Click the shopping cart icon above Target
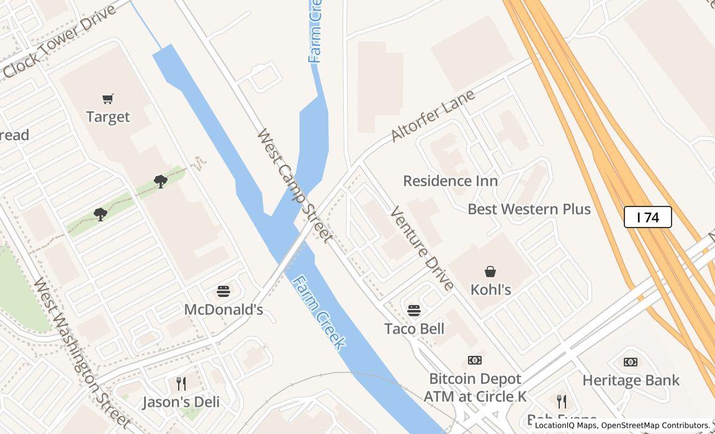108,99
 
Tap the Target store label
108,117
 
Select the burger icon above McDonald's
223,291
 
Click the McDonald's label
223,309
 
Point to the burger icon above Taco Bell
414,311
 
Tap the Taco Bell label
414,329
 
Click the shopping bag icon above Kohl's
490,272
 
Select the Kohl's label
490,290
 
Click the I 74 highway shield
647,218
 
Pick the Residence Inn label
451,181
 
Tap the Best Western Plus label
529,209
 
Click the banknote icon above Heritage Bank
631,362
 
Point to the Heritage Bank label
631,380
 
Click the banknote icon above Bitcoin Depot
475,360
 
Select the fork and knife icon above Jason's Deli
181,384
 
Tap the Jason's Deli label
181,402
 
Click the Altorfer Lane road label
433,116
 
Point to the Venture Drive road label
422,249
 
